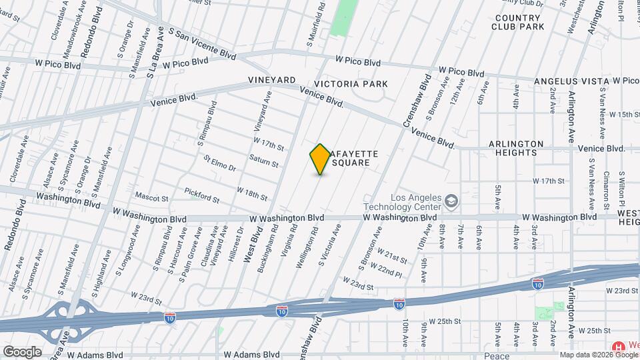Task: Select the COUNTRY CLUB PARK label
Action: pyautogui.click(x=518, y=22)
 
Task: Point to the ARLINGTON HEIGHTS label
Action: pyautogui.click(x=516, y=148)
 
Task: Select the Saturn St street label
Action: pyautogui.click(x=263, y=160)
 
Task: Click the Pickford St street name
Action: pyautogui.click(x=202, y=194)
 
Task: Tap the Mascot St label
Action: pyautogui.click(x=151, y=197)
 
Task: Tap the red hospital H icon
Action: pyautogui.click(x=618, y=347)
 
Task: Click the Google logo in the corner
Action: pyautogui.click(x=21, y=352)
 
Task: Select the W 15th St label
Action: pyautogui.click(x=619, y=115)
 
